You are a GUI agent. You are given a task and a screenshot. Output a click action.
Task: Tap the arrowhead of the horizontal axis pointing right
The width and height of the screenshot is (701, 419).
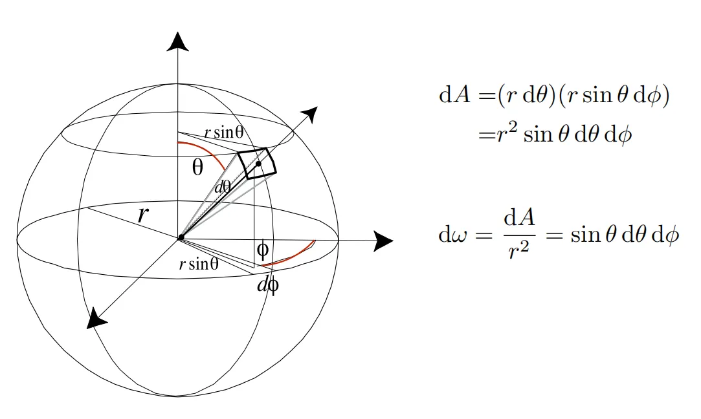[x=384, y=241]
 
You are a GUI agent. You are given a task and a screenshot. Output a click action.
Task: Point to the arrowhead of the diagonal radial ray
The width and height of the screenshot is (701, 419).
[x=310, y=113]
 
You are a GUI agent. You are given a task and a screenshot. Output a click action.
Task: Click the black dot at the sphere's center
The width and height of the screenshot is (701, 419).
[x=181, y=237]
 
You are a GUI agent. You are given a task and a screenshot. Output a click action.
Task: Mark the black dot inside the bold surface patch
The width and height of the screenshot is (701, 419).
[x=258, y=164]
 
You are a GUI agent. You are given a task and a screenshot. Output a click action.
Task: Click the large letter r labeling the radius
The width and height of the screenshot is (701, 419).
[x=142, y=215]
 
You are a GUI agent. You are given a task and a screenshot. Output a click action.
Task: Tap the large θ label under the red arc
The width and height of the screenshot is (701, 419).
[x=197, y=167]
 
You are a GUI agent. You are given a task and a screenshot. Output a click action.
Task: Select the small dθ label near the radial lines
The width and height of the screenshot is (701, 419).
[x=223, y=187]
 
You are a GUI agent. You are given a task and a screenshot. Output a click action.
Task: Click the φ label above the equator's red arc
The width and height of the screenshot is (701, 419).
[x=263, y=251]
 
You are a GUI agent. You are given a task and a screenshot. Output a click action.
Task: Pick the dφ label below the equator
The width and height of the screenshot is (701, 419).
[x=268, y=285]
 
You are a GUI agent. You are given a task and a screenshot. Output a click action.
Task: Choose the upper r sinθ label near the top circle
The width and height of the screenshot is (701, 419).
[x=224, y=133]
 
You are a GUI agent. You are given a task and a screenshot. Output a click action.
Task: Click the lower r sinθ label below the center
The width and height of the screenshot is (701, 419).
[x=199, y=264]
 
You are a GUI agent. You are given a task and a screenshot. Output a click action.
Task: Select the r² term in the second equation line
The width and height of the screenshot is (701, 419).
[x=507, y=133]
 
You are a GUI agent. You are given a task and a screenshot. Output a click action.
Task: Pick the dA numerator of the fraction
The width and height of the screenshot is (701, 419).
[x=519, y=217]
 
